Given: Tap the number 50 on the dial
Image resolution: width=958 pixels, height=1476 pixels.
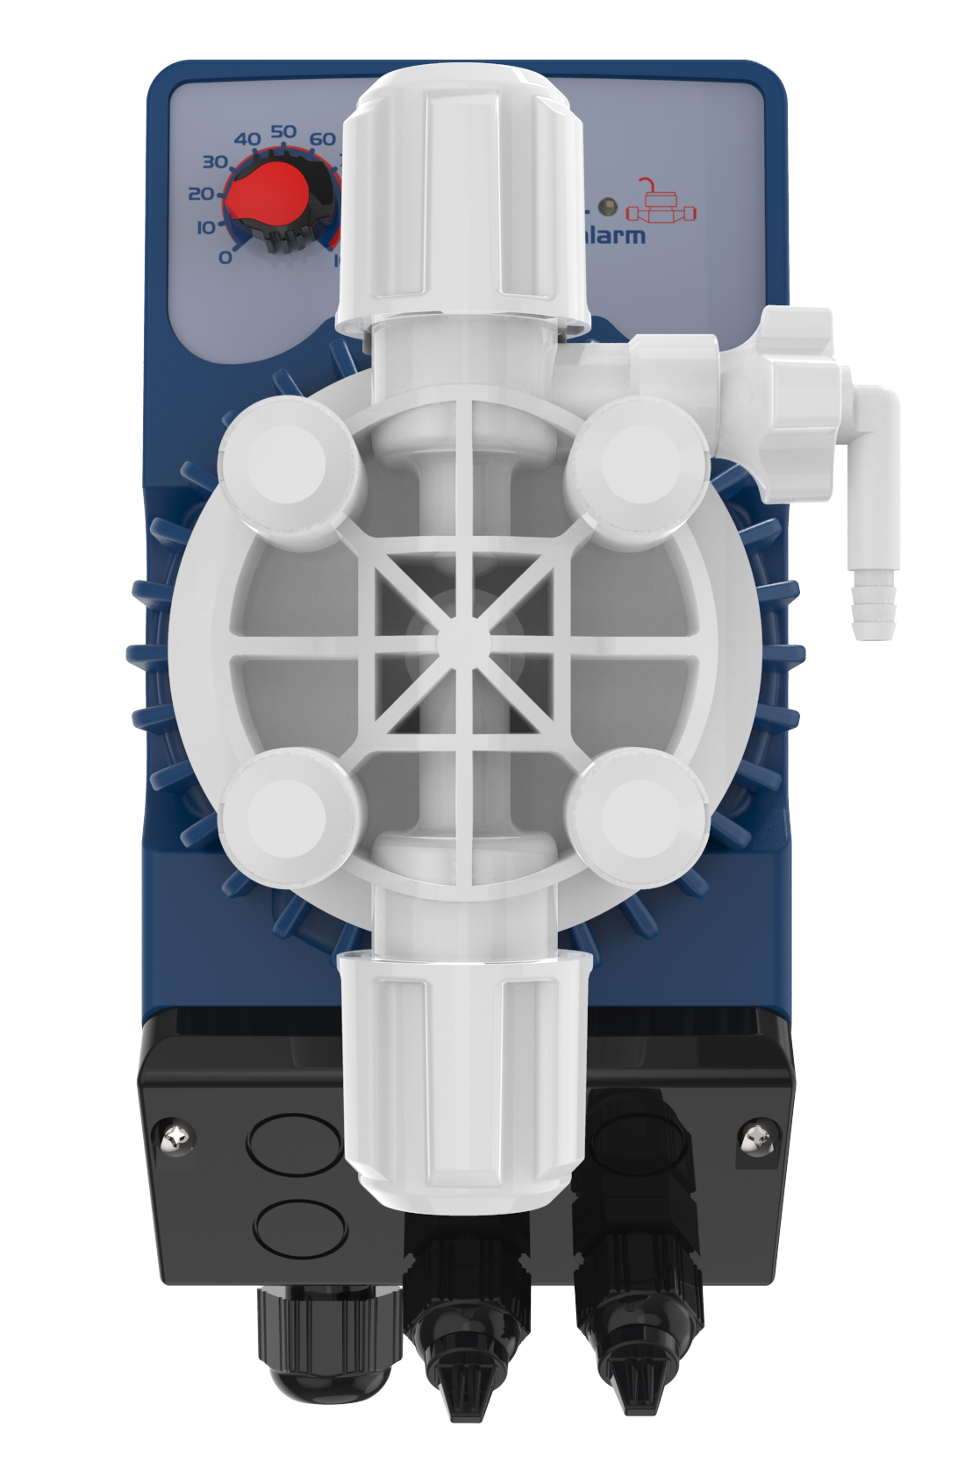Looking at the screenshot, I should (282, 132).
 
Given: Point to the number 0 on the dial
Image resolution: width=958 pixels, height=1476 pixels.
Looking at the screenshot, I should (225, 257).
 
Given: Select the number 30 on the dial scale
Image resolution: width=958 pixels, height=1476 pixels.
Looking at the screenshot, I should (214, 162).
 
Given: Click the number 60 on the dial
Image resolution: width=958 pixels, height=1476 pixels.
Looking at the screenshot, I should (322, 139).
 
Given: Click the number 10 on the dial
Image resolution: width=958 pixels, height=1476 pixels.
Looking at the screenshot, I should (204, 228).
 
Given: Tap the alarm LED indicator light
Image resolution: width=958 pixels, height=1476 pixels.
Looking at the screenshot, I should (607, 208).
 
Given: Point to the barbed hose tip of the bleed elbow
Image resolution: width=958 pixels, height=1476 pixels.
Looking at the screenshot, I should (874, 605).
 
